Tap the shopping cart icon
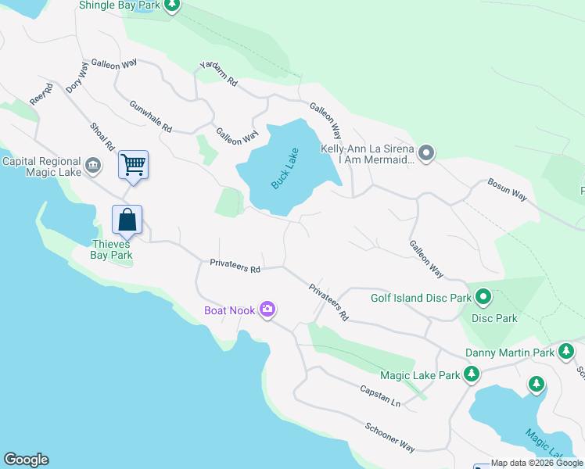133,165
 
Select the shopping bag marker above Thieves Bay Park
127,220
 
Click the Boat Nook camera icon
268,310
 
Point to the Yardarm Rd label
217,74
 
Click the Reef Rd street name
41,95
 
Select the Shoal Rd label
102,136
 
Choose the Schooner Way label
389,435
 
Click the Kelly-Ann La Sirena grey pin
426,153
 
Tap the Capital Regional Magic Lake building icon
93,165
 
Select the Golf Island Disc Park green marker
483,297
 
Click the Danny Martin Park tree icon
566,353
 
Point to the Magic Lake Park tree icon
472,375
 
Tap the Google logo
26,460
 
